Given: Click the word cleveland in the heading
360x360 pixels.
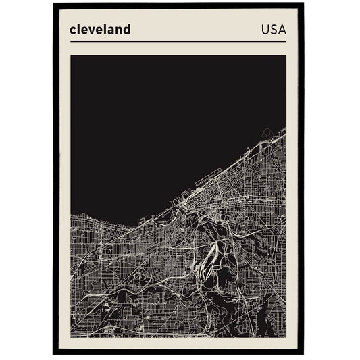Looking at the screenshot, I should pyautogui.click(x=100, y=30).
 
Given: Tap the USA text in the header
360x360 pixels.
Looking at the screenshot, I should pyautogui.click(x=273, y=30).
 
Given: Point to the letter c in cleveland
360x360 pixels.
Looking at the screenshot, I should pyautogui.click(x=73, y=30).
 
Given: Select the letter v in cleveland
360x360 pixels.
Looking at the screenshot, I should pyautogui.click(x=93, y=30).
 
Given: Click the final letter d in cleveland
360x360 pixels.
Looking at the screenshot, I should pyautogui.click(x=126, y=30).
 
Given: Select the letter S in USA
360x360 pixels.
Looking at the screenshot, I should pyautogui.click(x=273, y=30).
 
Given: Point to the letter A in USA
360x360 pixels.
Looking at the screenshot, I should pyautogui.click(x=282, y=30).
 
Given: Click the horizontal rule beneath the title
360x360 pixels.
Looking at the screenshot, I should pyautogui.click(x=178, y=41).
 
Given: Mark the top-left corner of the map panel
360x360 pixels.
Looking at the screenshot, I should pyautogui.click(x=71, y=55).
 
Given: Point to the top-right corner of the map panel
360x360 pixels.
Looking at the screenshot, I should pyautogui.click(x=286, y=55).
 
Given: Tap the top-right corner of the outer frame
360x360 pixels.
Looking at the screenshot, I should pyautogui.click(x=303, y=4).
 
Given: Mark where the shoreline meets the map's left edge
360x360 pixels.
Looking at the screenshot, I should pyautogui.click(x=71, y=214).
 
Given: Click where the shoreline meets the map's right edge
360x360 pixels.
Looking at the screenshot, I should pyautogui.click(x=286, y=128).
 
